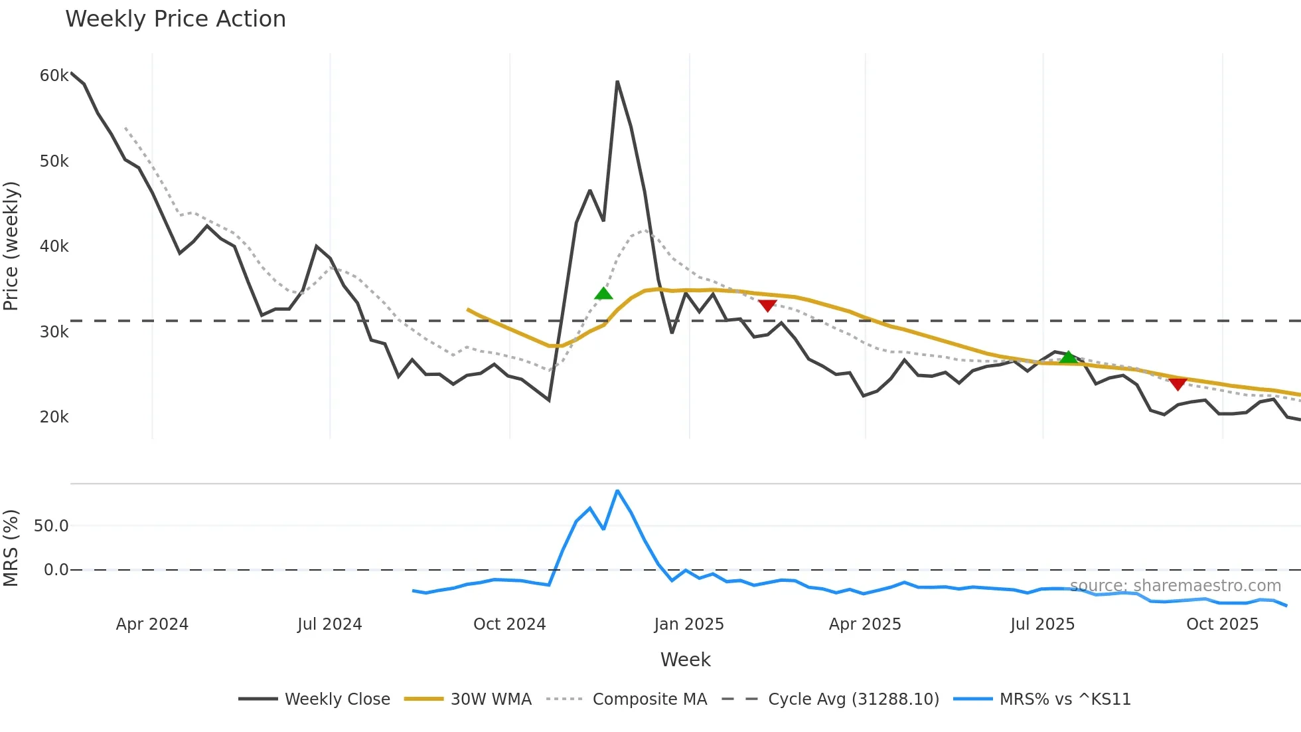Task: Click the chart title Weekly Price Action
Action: pyautogui.click(x=175, y=19)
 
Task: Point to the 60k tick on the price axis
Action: pyautogui.click(x=54, y=76)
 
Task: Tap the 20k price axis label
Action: pyautogui.click(x=54, y=417)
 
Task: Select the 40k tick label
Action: pyautogui.click(x=54, y=246)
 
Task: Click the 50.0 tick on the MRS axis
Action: pyautogui.click(x=51, y=526)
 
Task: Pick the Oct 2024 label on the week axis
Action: pyautogui.click(x=509, y=624)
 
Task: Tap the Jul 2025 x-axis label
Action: pyautogui.click(x=1042, y=624)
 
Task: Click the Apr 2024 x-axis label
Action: pyautogui.click(x=152, y=624)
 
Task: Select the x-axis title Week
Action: pyautogui.click(x=685, y=660)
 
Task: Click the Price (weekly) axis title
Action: pyautogui.click(x=11, y=246)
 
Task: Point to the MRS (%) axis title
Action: pyautogui.click(x=11, y=548)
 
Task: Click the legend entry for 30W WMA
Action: pyautogui.click(x=491, y=699)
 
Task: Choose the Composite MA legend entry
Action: pyautogui.click(x=649, y=699)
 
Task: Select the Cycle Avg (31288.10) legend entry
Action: pyautogui.click(x=853, y=699)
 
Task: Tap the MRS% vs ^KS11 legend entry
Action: pyautogui.click(x=1065, y=699)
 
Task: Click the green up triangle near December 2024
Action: pyautogui.click(x=603, y=294)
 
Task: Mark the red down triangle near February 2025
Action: pyautogui.click(x=767, y=306)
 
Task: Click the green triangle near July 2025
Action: pyautogui.click(x=1068, y=357)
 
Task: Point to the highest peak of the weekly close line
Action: pyautogui.click(x=617, y=82)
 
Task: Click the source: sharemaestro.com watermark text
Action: pyautogui.click(x=1176, y=586)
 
